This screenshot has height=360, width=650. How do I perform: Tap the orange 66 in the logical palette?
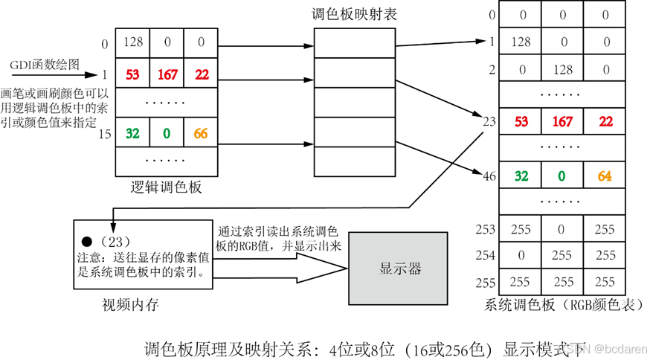pos(201,134)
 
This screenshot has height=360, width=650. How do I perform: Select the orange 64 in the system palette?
pos(605,176)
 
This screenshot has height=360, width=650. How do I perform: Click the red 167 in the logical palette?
pos(167,74)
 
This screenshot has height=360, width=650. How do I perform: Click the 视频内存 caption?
pos(131,304)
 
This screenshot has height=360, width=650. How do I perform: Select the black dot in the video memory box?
pos(87,242)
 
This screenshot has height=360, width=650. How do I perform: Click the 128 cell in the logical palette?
pos(133,43)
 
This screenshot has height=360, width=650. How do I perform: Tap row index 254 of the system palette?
pos(485,256)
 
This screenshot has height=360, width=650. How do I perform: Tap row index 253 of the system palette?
pos(485,229)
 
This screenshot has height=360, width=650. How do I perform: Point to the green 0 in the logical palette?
pos(167,134)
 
